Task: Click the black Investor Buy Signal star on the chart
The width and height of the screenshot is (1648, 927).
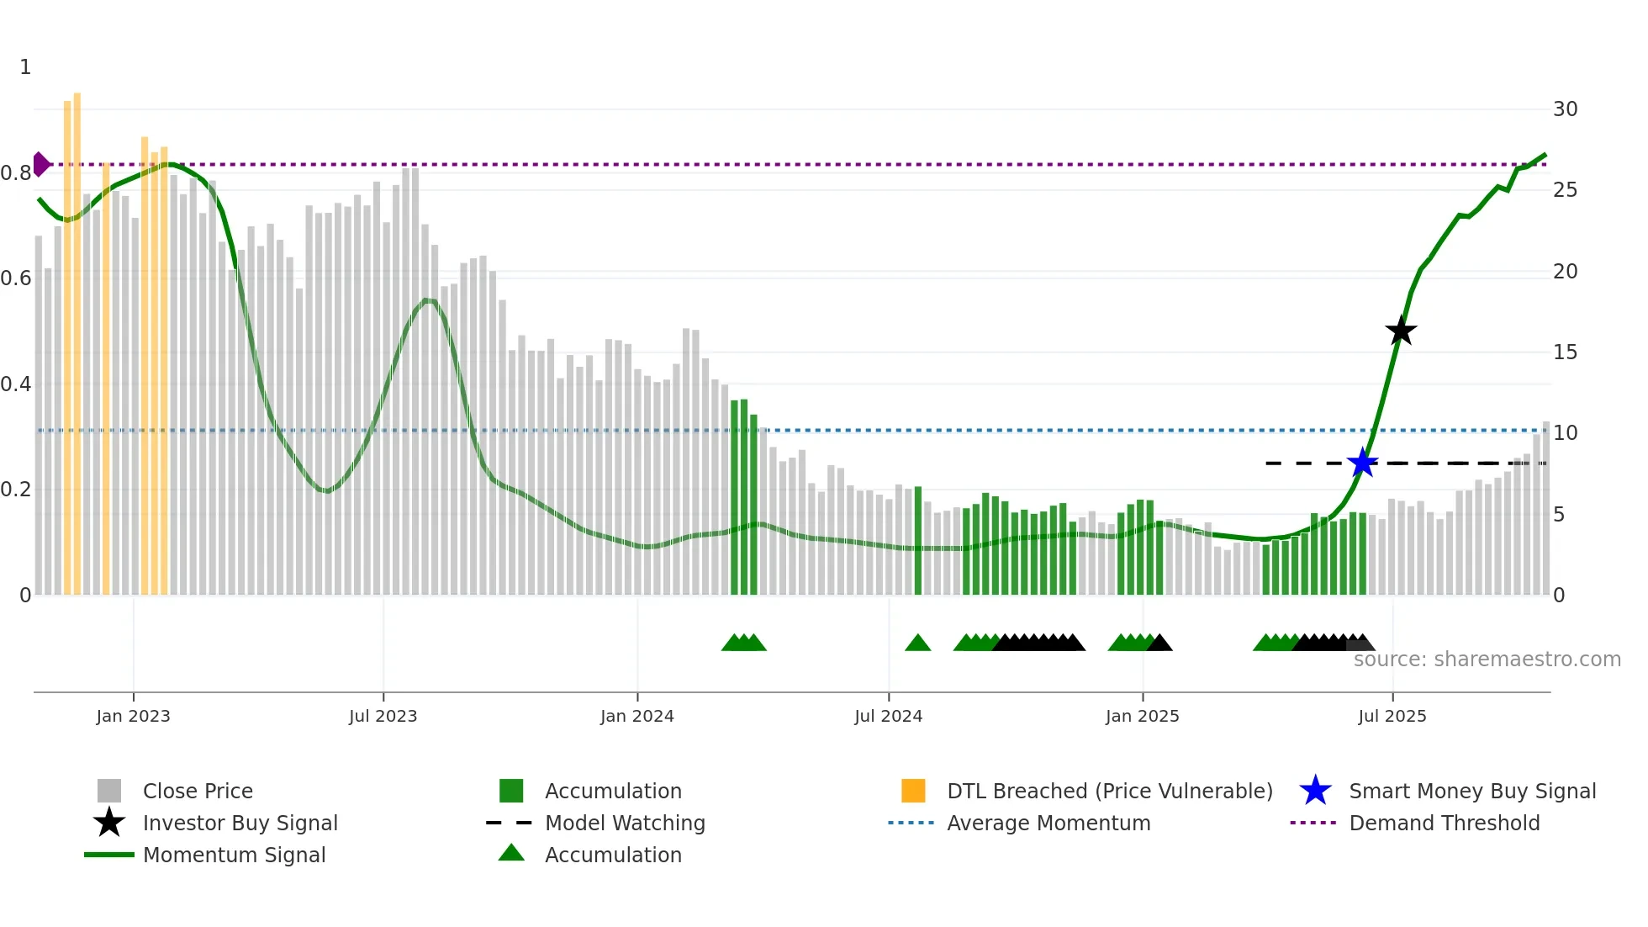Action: [1401, 331]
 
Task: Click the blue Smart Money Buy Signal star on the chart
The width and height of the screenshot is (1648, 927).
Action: [1362, 463]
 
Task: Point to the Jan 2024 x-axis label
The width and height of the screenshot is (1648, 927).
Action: [636, 716]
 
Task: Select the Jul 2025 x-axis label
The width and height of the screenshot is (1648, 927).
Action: [1392, 716]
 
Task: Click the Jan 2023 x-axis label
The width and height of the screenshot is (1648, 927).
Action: [133, 716]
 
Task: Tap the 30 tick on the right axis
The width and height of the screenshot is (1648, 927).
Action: [1565, 109]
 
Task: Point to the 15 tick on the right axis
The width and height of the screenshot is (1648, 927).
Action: [1565, 352]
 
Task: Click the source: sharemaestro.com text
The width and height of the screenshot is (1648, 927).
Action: [1487, 659]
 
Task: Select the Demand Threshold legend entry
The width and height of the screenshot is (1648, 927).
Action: [1444, 823]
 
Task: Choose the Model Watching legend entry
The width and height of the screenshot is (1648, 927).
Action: [625, 823]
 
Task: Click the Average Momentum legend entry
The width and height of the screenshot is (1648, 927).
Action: [1048, 823]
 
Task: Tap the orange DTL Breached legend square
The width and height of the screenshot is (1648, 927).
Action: [913, 791]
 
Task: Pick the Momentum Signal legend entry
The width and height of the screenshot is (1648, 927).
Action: [234, 855]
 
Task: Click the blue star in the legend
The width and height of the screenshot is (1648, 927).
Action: [1315, 791]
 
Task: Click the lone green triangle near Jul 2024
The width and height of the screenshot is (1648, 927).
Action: [917, 644]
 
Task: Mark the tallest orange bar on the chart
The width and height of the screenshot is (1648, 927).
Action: [77, 336]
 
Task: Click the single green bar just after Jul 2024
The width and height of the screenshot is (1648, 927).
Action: [918, 538]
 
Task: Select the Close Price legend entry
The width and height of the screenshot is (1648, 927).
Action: [197, 791]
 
